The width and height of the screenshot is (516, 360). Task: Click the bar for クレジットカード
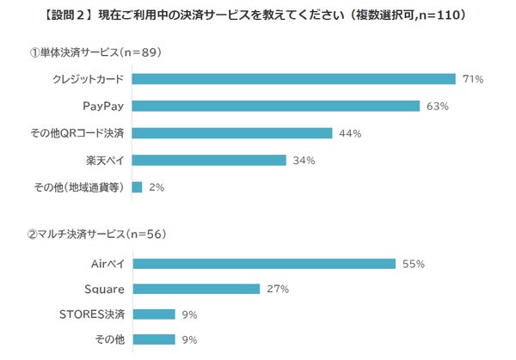[293, 80]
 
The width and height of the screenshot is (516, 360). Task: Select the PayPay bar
[276, 107]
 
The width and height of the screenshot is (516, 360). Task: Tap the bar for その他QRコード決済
[231, 133]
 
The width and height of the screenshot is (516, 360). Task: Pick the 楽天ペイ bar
[209, 160]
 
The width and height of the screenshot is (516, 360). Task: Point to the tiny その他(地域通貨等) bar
[137, 186]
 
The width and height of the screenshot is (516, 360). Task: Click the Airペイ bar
[263, 263]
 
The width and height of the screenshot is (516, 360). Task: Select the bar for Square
[196, 289]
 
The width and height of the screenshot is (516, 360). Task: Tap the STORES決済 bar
[153, 314]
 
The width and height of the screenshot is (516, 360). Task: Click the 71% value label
[473, 80]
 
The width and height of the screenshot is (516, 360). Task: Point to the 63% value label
[438, 107]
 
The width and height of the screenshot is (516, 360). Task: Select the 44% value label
[349, 133]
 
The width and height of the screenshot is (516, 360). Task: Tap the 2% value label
[157, 186]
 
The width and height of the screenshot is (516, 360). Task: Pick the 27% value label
[277, 289]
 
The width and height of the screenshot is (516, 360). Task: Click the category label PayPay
[104, 107]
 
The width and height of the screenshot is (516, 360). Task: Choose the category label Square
[103, 289]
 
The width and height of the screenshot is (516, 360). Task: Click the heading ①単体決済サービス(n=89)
[95, 52]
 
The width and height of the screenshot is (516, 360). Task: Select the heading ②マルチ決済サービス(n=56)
[96, 234]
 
